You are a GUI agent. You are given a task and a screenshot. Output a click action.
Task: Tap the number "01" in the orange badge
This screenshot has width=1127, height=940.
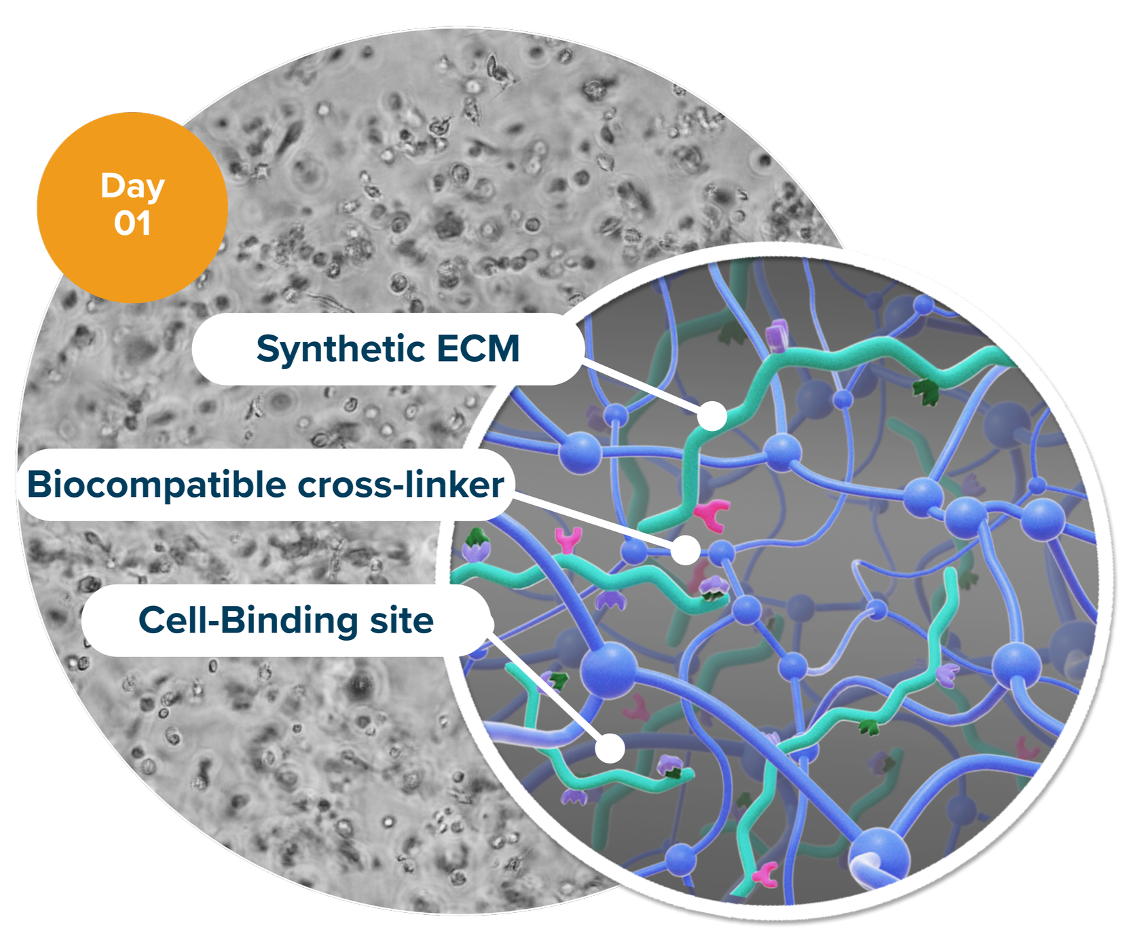(x=132, y=223)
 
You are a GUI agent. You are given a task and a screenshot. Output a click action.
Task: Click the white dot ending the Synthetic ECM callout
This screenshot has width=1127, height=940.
(x=712, y=415)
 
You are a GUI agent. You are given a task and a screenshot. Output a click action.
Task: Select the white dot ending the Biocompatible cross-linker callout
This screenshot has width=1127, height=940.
(x=686, y=549)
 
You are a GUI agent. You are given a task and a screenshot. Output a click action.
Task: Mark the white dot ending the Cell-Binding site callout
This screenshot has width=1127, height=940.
(x=610, y=747)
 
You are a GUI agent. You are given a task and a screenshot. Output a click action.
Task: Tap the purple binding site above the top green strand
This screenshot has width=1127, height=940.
(x=776, y=335)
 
